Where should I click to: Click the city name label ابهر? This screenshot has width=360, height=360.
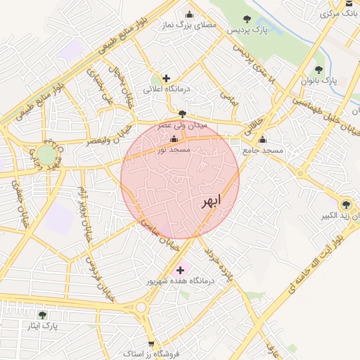pos(210,202)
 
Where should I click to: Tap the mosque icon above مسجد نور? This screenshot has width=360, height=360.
pos(174,139)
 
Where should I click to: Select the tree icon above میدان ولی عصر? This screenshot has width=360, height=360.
pos(183,113)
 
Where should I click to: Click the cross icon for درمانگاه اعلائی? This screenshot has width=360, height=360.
pos(165,78)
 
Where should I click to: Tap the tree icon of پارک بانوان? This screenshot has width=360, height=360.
pos(319,70)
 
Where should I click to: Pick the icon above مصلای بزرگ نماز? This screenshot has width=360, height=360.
pos(188,14)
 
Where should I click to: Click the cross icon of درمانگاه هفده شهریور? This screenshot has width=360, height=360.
pos(180,269)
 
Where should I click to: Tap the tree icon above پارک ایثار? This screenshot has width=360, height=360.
pos(42,315)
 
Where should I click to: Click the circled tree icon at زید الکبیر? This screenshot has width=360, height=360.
pos(345,205)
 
